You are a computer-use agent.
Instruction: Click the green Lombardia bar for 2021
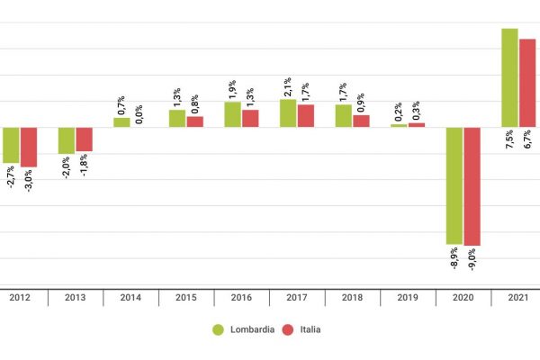click(509, 77)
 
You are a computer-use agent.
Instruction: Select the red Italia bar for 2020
click(472, 185)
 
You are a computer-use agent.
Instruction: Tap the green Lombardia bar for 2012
click(11, 145)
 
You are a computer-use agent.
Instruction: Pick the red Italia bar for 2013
click(84, 139)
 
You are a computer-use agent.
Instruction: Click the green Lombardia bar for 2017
click(288, 112)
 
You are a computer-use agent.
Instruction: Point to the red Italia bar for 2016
click(250, 118)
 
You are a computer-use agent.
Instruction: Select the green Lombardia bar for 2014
click(121, 122)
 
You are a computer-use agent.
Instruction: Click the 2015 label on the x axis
click(186, 297)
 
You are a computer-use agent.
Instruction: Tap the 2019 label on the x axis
click(408, 297)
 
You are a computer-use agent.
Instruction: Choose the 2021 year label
click(518, 297)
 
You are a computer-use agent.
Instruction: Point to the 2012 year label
click(20, 297)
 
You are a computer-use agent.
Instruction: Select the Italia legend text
click(308, 329)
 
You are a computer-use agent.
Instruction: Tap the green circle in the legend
click(218, 329)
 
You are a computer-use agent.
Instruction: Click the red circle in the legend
click(288, 329)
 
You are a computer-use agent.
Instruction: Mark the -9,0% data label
click(472, 259)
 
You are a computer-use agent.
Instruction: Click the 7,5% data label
click(509, 140)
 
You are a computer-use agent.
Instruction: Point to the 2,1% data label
click(288, 86)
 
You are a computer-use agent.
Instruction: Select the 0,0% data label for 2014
click(139, 114)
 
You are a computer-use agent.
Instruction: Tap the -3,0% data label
click(29, 181)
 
